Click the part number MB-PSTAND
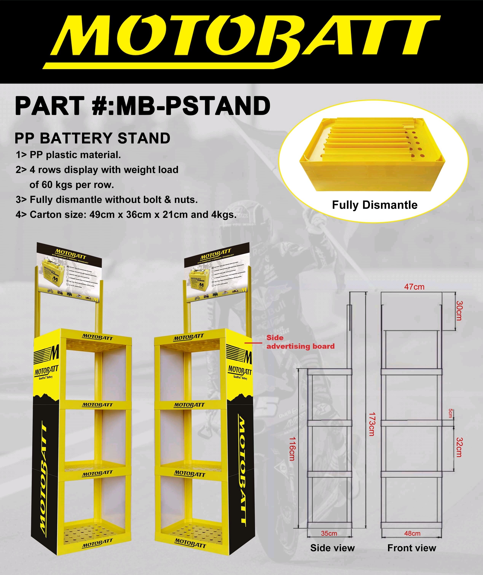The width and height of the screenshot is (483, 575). (x=142, y=106)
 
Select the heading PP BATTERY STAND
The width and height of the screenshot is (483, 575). (x=92, y=138)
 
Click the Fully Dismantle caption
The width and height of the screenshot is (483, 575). (x=375, y=205)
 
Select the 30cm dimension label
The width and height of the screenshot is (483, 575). (x=459, y=310)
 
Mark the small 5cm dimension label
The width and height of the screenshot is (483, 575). (x=450, y=413)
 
